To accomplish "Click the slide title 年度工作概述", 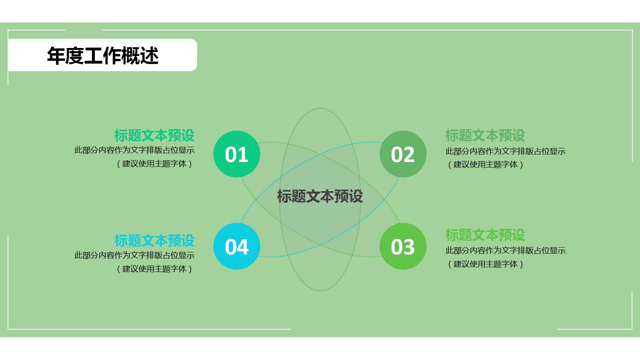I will pyautogui.click(x=103, y=56).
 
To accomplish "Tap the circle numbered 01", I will pyautogui.click(x=237, y=154).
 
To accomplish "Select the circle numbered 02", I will pyautogui.click(x=403, y=154).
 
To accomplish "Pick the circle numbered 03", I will pyautogui.click(x=403, y=246).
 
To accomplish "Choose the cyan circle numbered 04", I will pyautogui.click(x=237, y=246).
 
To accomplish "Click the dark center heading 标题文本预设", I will pyautogui.click(x=320, y=196).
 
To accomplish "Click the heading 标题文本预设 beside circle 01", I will pyautogui.click(x=154, y=136).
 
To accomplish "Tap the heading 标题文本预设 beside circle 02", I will pyautogui.click(x=485, y=136).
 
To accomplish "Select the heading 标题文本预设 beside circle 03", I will pyautogui.click(x=485, y=235).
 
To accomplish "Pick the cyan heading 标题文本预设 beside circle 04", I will pyautogui.click(x=154, y=241).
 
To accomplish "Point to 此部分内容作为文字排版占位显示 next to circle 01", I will pyautogui.click(x=134, y=150).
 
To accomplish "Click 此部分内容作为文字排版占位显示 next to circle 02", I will pyautogui.click(x=506, y=151).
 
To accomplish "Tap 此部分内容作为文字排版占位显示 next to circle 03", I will pyautogui.click(x=506, y=251).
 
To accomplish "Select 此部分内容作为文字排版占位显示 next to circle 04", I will pyautogui.click(x=134, y=255).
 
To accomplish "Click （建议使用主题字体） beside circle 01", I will pyautogui.click(x=154, y=164).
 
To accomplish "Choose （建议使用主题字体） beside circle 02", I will pyautogui.click(x=486, y=164).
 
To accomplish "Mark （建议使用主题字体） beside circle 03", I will pyautogui.click(x=486, y=264).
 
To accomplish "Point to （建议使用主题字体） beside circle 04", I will pyautogui.click(x=154, y=269).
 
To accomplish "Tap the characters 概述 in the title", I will pyautogui.click(x=140, y=56).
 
